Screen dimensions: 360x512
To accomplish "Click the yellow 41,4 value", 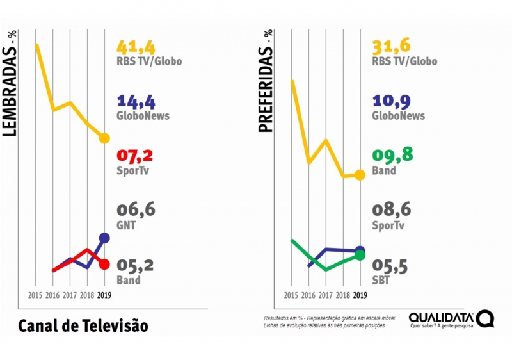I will (136, 47).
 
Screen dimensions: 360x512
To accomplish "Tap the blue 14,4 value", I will (136, 101).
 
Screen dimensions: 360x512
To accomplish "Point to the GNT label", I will (125, 225).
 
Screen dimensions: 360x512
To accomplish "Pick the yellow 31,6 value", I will (391, 47).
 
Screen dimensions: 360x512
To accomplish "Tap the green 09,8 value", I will (391, 156).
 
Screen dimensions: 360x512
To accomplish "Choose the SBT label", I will (381, 280).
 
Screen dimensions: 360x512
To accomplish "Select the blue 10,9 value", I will (391, 101).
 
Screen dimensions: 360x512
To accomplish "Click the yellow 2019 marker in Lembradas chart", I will (104, 138).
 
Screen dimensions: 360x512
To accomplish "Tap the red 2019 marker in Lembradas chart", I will (104, 264).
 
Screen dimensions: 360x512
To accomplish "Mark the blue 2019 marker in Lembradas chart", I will (104, 238).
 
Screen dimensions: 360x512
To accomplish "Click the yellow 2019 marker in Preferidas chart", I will (360, 175).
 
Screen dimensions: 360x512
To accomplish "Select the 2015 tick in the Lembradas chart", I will (36, 295).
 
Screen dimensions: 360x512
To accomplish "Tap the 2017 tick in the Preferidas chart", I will (326, 295).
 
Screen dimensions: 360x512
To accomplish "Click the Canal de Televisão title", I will (83, 325).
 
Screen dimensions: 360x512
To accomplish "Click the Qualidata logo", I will (451, 319).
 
